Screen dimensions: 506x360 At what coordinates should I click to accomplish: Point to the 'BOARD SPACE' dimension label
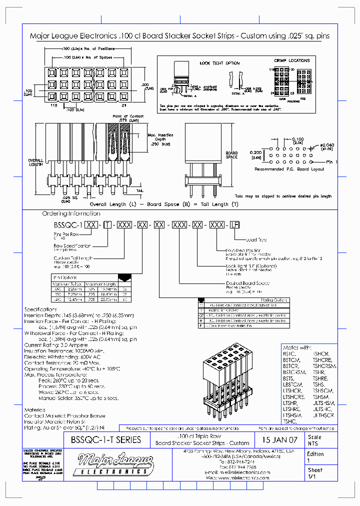(231, 155)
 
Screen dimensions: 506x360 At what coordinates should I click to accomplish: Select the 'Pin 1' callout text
(331, 162)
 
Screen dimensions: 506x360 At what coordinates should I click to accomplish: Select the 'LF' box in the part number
(233, 225)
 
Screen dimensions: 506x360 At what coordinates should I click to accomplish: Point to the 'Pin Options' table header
(65, 277)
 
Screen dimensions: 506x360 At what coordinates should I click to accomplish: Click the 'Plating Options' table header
(274, 300)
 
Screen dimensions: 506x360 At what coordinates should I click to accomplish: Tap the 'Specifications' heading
(41, 309)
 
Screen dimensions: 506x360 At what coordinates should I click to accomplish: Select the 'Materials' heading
(35, 409)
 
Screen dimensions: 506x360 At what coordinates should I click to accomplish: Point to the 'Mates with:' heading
(297, 347)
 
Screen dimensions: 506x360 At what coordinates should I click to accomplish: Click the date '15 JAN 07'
(279, 440)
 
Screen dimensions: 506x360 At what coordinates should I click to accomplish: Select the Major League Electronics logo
(110, 464)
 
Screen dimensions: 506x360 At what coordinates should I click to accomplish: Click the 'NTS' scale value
(312, 443)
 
